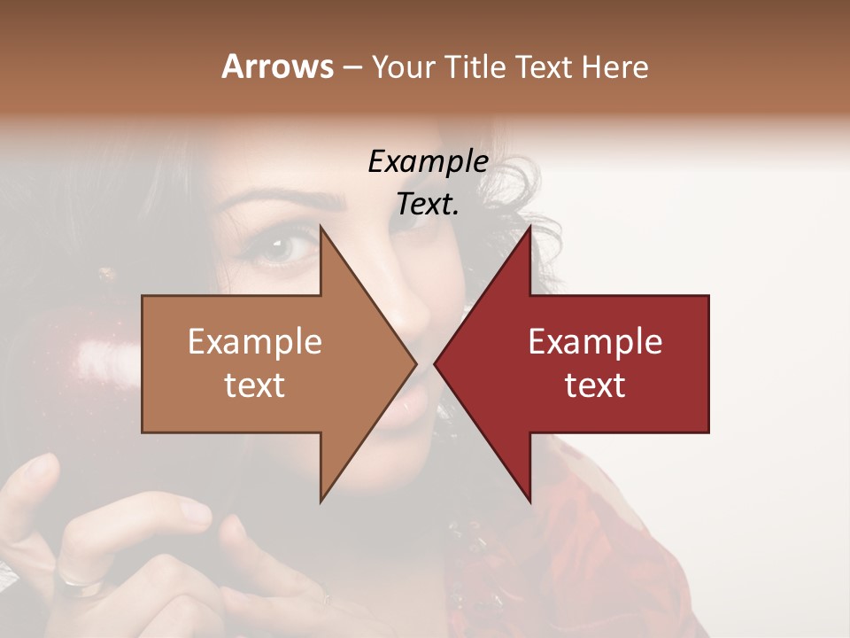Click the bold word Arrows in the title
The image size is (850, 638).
277,66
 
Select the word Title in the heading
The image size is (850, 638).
475,66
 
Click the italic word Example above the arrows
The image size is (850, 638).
428,161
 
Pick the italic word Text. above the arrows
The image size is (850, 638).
428,205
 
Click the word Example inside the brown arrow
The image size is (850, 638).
254,341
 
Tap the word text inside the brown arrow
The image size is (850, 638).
254,385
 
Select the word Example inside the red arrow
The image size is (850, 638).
595,341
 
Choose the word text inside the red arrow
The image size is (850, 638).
595,385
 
